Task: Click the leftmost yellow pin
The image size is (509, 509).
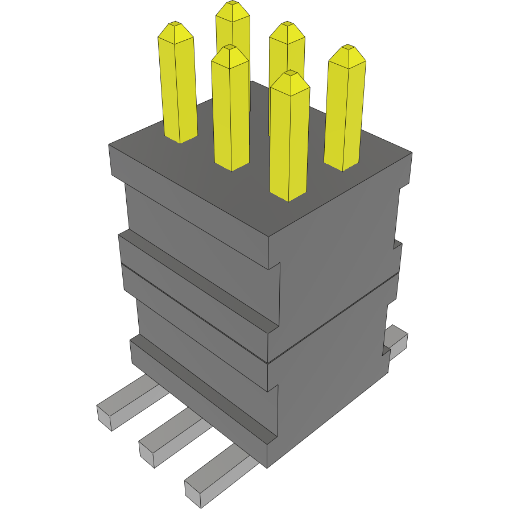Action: pyautogui.click(x=179, y=85)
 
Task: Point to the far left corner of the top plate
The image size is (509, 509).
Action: pyautogui.click(x=109, y=146)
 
